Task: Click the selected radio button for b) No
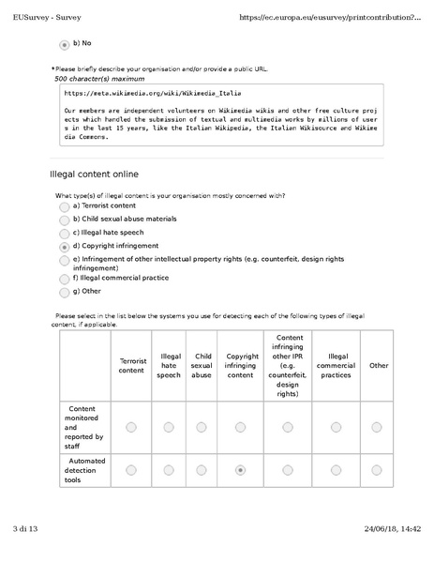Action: (x=64, y=43)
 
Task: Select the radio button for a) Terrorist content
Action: (x=64, y=205)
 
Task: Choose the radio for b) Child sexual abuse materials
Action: (x=64, y=220)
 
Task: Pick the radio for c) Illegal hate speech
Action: (x=64, y=233)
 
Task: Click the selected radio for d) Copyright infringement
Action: (x=64, y=246)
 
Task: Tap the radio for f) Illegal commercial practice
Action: (x=64, y=279)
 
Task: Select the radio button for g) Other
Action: (x=64, y=292)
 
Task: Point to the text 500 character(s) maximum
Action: (x=99, y=79)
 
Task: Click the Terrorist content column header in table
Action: (x=131, y=365)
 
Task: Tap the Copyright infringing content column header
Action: (x=242, y=365)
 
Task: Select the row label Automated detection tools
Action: (x=86, y=470)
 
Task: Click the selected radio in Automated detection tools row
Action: (x=242, y=470)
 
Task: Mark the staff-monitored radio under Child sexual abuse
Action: (x=202, y=427)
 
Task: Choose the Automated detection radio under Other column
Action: (x=377, y=470)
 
